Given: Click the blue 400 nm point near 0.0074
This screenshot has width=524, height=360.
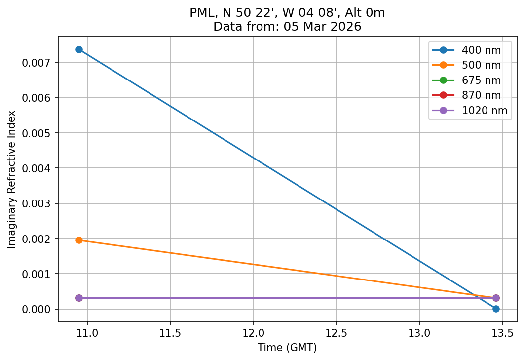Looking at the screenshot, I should click(79, 49).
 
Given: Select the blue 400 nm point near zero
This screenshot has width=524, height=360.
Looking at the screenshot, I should click(496, 309).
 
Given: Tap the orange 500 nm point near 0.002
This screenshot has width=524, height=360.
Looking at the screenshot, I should click(79, 240).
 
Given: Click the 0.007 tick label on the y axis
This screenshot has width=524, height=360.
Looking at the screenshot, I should click(38, 63).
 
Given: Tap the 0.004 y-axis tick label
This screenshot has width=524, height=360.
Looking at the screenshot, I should click(38, 168).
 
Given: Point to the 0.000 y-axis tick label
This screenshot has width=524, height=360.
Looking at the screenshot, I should click(38, 309).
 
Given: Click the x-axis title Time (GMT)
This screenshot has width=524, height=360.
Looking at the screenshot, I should click(287, 348).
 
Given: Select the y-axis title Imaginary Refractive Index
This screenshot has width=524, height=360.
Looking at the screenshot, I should click(11, 179).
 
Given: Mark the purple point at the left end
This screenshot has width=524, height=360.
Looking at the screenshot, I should click(79, 298).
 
